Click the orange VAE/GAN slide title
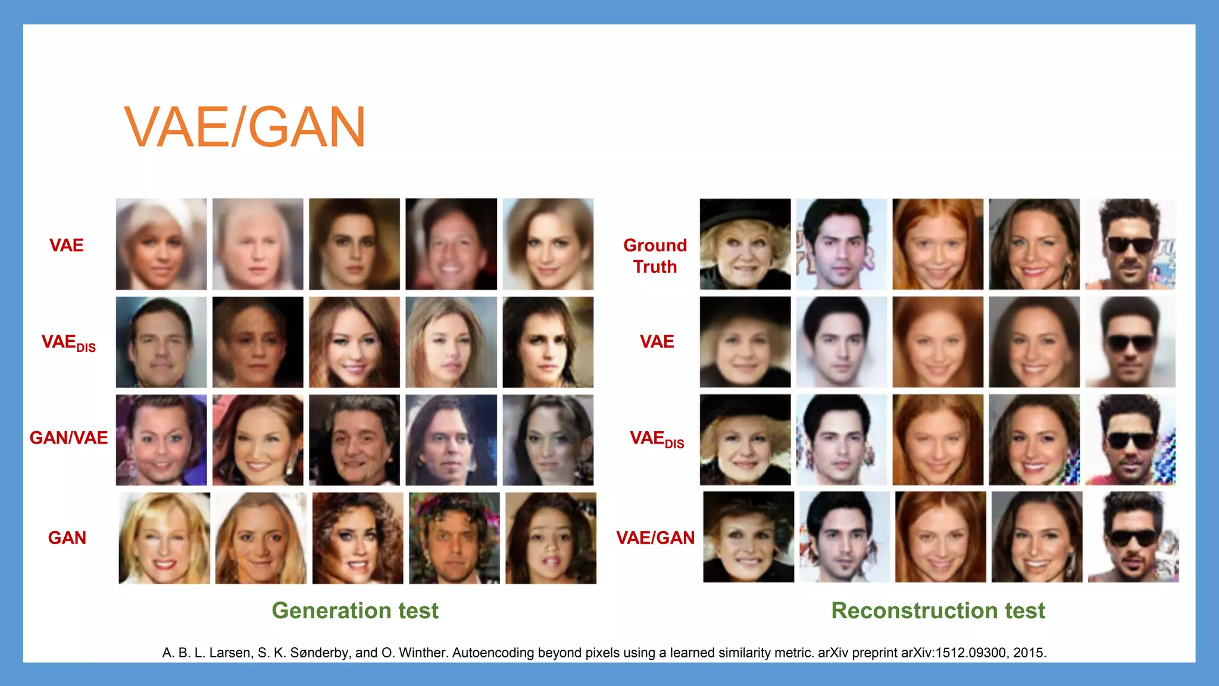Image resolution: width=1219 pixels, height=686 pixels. tap(245, 127)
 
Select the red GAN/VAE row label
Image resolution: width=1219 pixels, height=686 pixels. tap(68, 438)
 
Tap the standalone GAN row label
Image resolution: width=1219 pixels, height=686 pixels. tap(67, 538)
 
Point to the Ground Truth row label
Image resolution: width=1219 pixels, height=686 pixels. tap(655, 256)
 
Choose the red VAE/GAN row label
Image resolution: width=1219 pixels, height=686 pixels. tap(655, 538)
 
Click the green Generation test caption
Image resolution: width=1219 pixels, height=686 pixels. tap(355, 611)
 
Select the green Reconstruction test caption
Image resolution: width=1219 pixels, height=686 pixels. tap(938, 611)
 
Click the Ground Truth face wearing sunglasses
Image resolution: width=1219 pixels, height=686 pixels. tap(1130, 244)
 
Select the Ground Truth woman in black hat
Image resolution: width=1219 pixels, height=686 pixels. tap(745, 244)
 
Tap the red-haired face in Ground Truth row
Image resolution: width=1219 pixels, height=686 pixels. tap(938, 244)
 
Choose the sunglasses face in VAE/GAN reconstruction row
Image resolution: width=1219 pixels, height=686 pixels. tap(1133, 537)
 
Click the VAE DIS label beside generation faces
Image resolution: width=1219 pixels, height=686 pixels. tap(68, 342)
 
